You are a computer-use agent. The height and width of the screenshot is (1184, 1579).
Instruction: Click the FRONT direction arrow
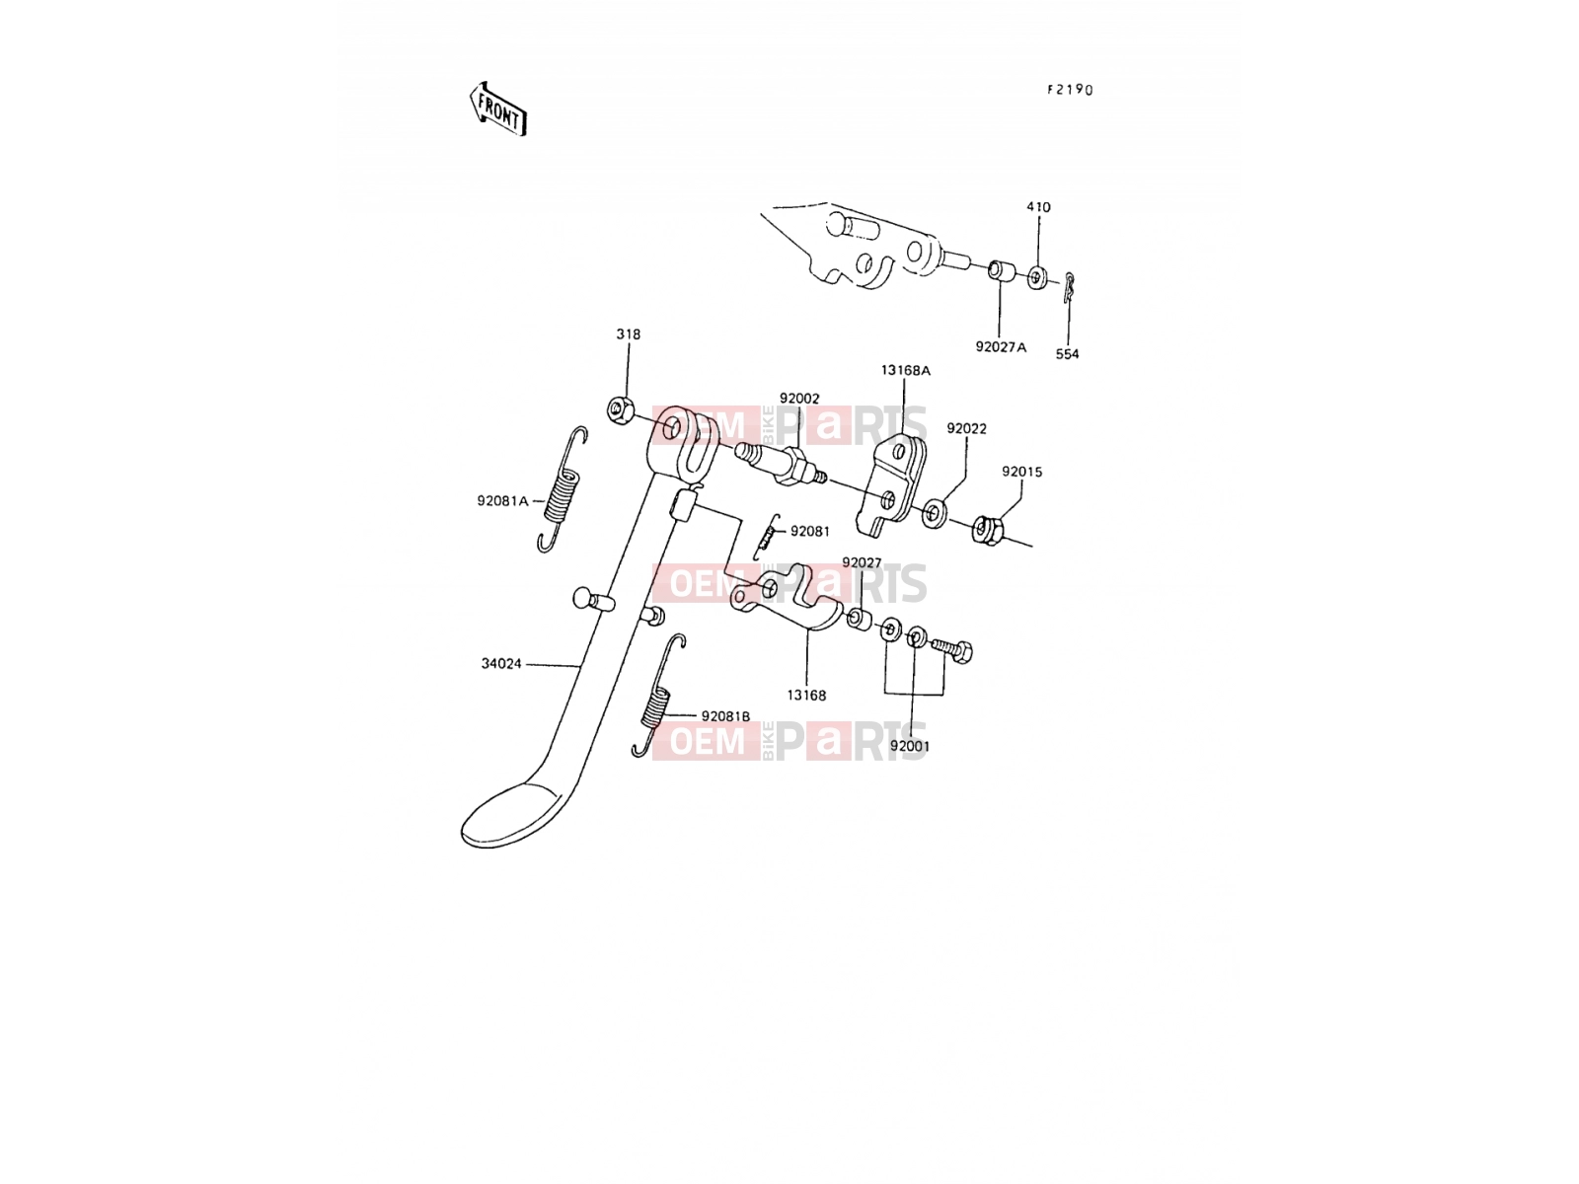coord(497,110)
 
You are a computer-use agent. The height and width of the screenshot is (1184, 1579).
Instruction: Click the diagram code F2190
coord(1070,90)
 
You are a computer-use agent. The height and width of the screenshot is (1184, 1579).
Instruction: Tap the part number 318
coord(628,334)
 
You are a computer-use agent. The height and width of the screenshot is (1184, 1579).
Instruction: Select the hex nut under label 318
coord(620,409)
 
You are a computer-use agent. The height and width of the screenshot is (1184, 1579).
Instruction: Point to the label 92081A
coord(502,501)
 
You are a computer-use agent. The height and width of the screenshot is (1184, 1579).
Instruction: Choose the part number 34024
coord(501,663)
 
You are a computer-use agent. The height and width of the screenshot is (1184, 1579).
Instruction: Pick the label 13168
coord(806,696)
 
